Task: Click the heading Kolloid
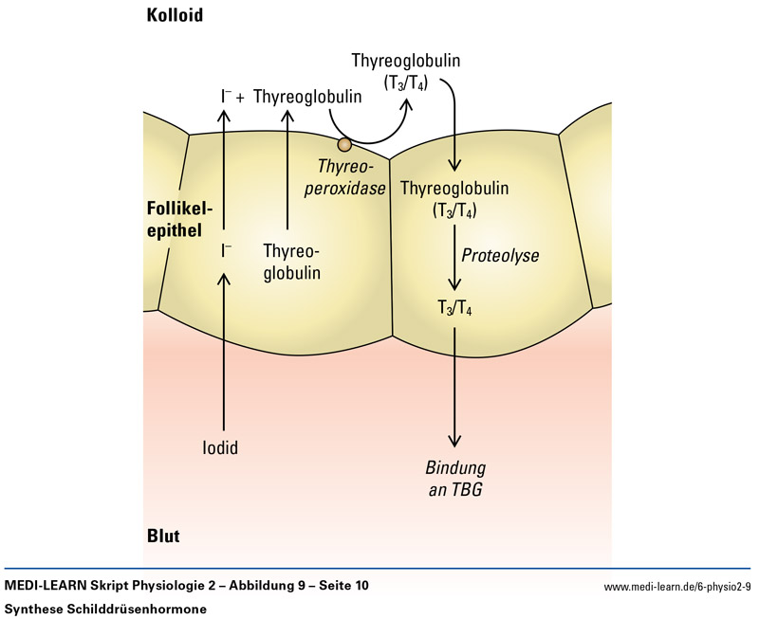(x=176, y=16)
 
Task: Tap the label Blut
(x=163, y=537)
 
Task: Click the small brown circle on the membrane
(x=344, y=145)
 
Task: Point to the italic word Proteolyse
(x=499, y=256)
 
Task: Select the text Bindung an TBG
(x=456, y=479)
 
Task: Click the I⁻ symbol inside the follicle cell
(x=227, y=251)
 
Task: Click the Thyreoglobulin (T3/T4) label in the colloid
(x=406, y=71)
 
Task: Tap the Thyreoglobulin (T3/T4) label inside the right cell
(x=454, y=198)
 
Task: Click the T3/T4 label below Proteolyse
(x=454, y=307)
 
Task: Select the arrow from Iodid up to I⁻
(x=224, y=351)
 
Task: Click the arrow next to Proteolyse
(x=455, y=256)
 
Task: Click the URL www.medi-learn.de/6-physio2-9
(x=676, y=587)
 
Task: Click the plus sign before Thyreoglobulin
(x=240, y=97)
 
